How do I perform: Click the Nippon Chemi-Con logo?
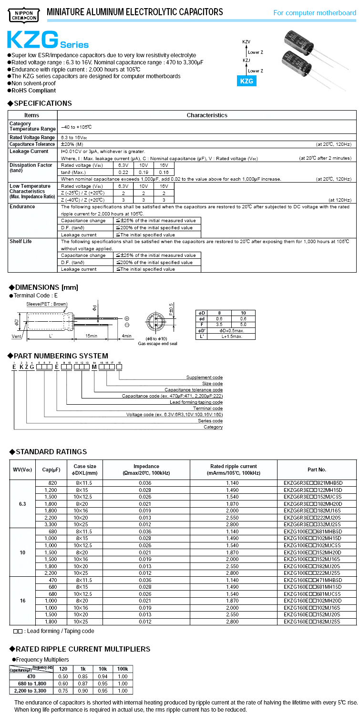[x=23, y=14]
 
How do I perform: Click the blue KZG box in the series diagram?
[x=247, y=82]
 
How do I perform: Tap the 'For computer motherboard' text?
[x=314, y=13]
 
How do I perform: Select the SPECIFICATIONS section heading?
[x=40, y=103]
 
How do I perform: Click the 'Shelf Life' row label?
[x=21, y=242]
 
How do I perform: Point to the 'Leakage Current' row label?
[x=29, y=152]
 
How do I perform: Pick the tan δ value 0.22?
[x=123, y=172]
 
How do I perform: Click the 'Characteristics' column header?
[x=207, y=115]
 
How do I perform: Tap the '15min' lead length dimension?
[x=91, y=336]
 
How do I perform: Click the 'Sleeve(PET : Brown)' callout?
[x=46, y=304]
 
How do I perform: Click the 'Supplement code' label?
[x=205, y=378]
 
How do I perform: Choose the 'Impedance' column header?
[x=146, y=466]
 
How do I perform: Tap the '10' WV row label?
[x=22, y=552]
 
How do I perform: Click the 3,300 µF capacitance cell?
[x=51, y=524]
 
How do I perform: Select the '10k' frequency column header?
[x=103, y=669]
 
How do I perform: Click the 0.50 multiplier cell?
[x=63, y=676]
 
